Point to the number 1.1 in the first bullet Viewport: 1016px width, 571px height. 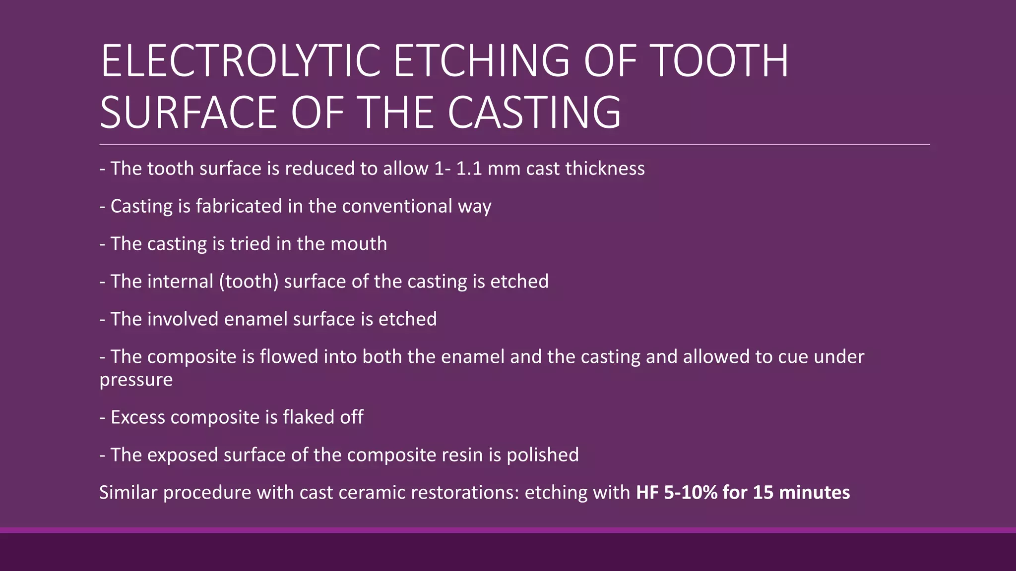coord(469,169)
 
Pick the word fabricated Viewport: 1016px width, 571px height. coord(239,206)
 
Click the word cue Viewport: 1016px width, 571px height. coord(793,357)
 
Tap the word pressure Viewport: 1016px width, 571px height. coord(136,380)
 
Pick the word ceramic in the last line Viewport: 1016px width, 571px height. coord(372,493)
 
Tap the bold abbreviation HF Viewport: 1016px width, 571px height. coord(647,493)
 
